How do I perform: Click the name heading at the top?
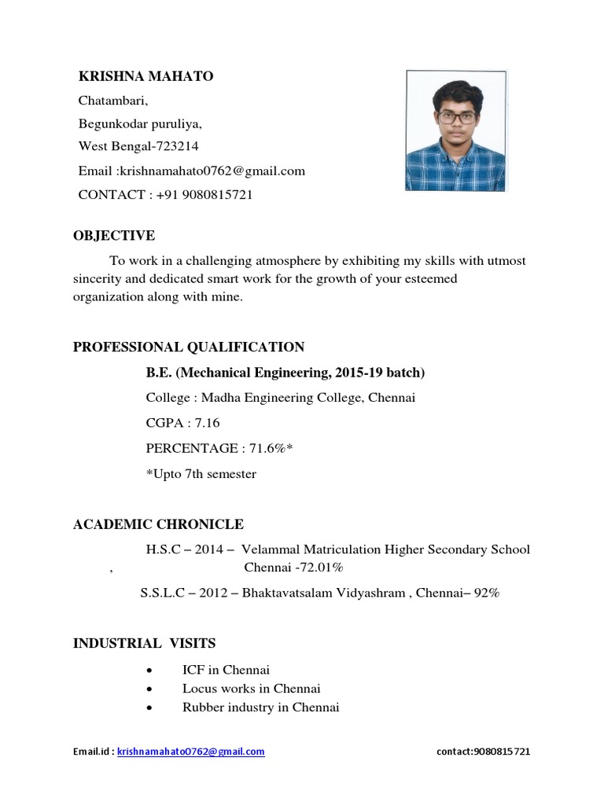click(x=145, y=76)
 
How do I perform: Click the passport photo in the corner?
click(x=456, y=130)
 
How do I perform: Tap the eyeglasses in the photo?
click(x=457, y=116)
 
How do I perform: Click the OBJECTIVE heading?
click(x=114, y=236)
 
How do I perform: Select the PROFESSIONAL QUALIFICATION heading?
click(x=189, y=347)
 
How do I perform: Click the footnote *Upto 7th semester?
click(x=201, y=473)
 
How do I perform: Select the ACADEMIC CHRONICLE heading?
click(x=158, y=524)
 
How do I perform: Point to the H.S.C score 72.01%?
click(x=317, y=567)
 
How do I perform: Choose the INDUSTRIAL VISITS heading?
click(x=144, y=643)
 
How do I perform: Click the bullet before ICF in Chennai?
click(x=149, y=670)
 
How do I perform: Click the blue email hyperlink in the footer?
click(x=191, y=752)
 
